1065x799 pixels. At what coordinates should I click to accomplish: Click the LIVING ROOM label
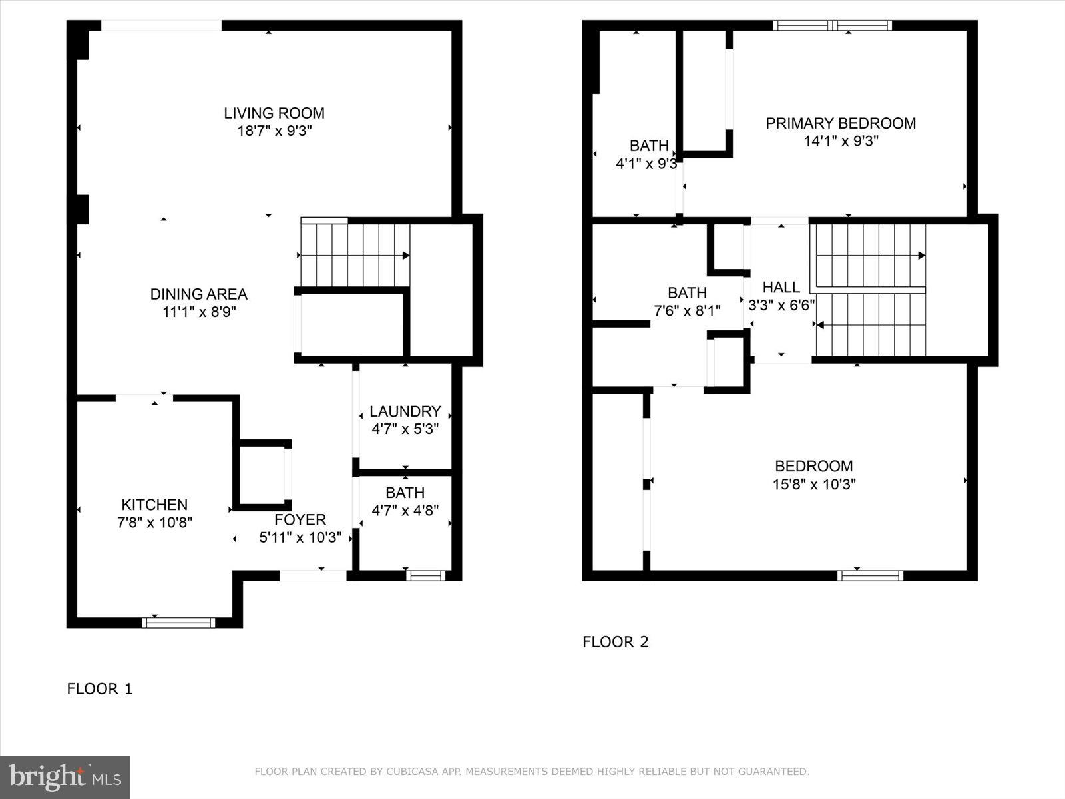274,113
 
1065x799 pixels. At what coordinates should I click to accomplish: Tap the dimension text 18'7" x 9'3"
274,131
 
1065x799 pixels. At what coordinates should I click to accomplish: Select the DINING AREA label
198,294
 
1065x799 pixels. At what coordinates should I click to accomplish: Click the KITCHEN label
154,505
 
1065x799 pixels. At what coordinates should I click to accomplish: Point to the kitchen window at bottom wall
178,623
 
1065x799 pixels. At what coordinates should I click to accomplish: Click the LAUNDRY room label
405,411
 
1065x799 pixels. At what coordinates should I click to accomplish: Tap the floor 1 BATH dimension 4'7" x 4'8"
405,511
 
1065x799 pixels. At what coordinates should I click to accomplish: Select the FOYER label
300,520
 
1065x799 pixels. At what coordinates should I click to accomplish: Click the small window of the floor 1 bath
425,575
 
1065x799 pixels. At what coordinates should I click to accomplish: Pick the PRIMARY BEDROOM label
840,123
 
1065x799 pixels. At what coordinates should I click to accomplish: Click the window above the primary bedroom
832,26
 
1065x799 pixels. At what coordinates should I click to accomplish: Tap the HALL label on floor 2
781,288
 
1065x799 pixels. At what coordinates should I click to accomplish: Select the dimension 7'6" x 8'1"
687,310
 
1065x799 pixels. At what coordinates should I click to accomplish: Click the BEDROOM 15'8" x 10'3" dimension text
813,484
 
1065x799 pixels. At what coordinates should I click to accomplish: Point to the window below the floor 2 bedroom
870,575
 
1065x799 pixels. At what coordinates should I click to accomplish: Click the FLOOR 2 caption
615,642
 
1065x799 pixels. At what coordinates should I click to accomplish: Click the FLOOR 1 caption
100,689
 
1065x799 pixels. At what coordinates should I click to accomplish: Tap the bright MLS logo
65,777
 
